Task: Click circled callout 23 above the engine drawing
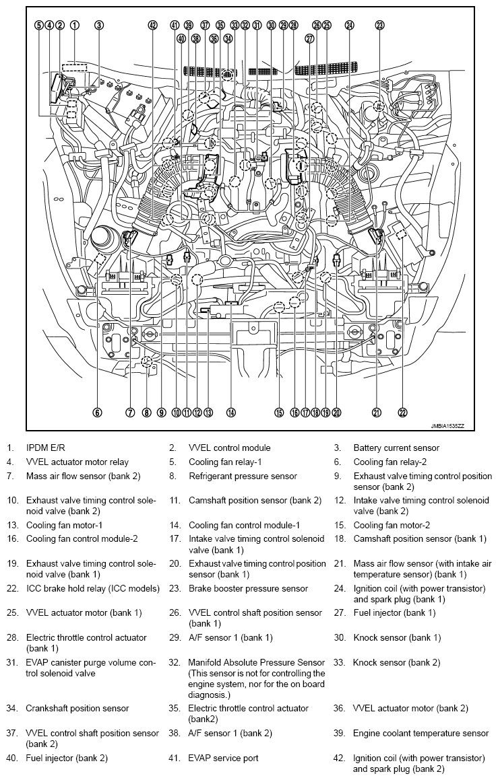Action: (x=380, y=25)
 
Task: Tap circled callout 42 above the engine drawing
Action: (x=153, y=25)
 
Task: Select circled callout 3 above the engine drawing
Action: (x=99, y=25)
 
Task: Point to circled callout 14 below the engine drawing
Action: (x=231, y=413)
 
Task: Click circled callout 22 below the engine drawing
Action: (x=403, y=413)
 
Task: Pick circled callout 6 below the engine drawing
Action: (x=98, y=413)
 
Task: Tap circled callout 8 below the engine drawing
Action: (x=146, y=413)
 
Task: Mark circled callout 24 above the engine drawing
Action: (x=349, y=25)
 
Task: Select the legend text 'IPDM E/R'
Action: (x=46, y=448)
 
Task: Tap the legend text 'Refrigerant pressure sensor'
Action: (x=243, y=476)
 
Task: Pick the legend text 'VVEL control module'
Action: (x=229, y=448)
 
